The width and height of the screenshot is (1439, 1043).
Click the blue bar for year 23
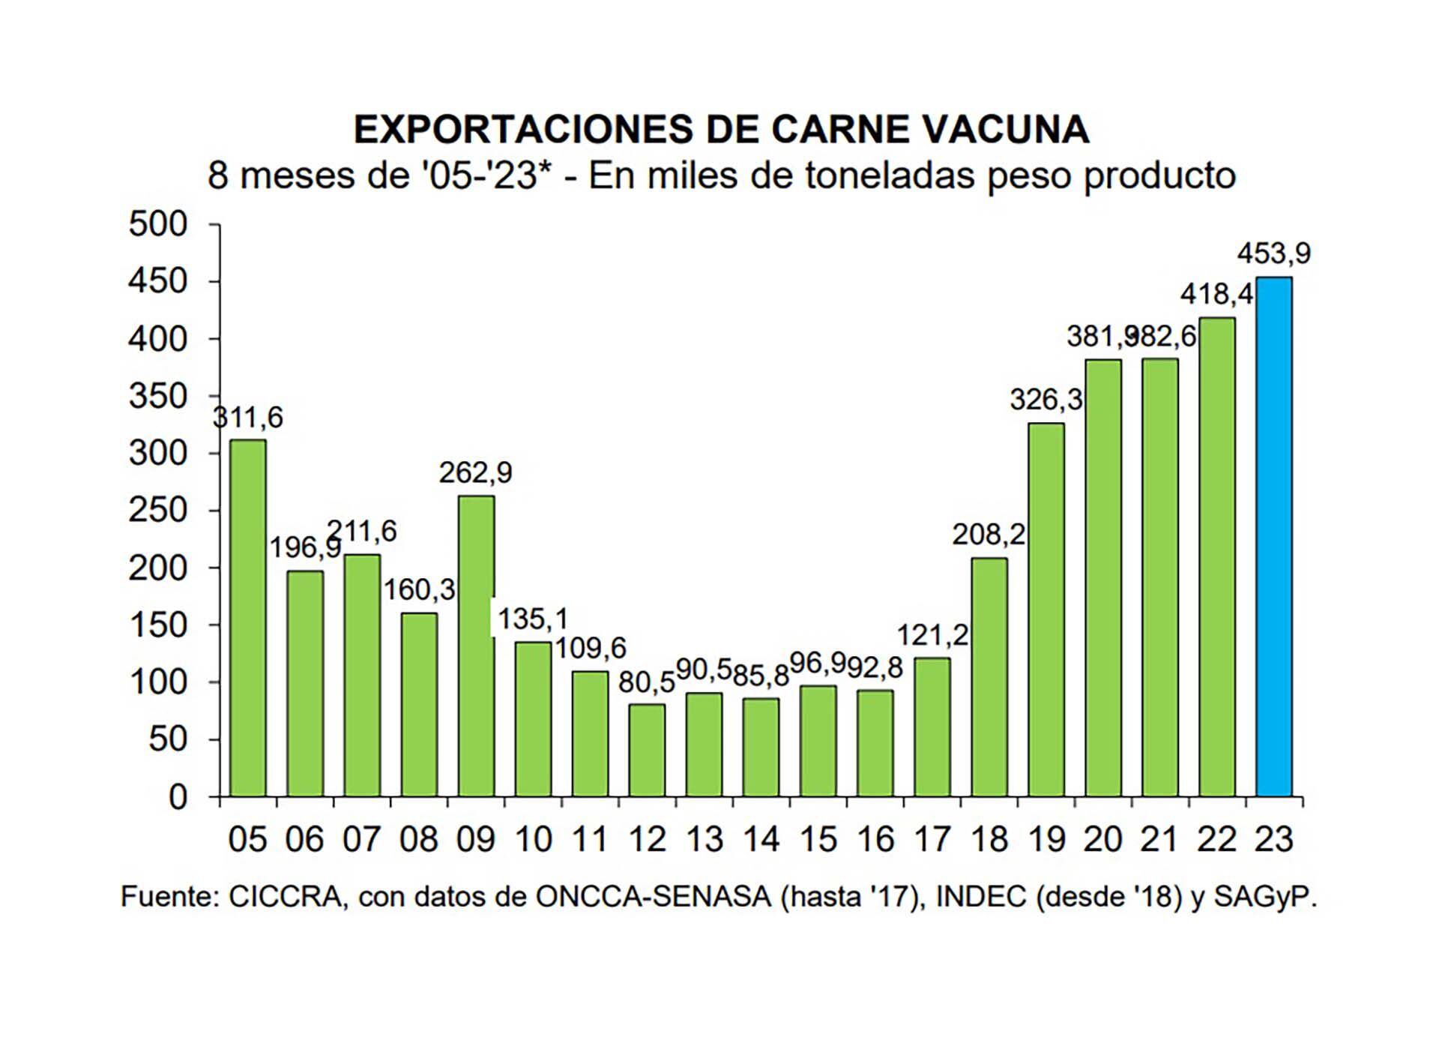[1273, 536]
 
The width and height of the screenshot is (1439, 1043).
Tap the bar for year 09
[476, 646]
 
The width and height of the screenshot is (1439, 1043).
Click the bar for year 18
[989, 676]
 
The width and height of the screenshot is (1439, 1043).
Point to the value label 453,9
[1273, 254]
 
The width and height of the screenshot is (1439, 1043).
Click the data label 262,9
[476, 472]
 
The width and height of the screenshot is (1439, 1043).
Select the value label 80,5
[646, 682]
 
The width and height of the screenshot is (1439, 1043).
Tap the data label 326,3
[1046, 400]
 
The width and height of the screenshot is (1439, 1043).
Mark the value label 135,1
[533, 619]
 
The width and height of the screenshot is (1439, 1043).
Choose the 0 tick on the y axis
[178, 797]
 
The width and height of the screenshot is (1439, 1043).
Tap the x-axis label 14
[761, 839]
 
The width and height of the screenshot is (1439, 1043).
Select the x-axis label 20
[1102, 839]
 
